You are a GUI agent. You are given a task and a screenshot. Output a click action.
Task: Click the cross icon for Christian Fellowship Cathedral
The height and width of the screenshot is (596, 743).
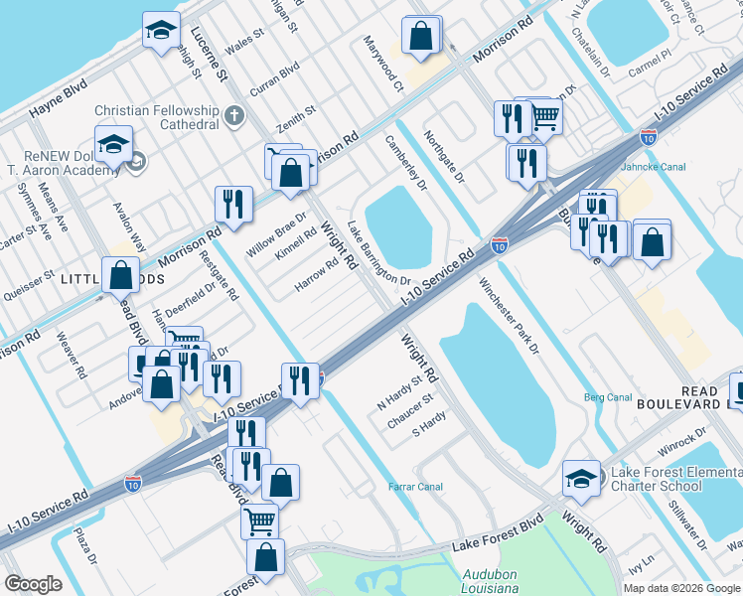pos(235,116)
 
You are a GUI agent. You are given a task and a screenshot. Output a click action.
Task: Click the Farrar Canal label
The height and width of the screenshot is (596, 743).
pos(415,487)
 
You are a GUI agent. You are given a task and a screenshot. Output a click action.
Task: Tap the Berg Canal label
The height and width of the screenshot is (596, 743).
pos(608,397)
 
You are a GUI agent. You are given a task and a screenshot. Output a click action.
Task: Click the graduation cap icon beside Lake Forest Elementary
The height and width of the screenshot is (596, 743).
pos(581,477)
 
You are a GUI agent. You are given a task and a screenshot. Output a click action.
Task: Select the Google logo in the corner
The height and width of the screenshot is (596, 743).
pos(33,584)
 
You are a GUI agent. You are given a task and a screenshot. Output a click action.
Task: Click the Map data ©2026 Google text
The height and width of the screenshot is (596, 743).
pos(680,588)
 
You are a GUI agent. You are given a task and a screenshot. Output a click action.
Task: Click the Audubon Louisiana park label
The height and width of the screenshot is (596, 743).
pos(491,581)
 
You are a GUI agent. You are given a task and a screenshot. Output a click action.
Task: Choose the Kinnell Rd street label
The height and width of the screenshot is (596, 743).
pos(296,240)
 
